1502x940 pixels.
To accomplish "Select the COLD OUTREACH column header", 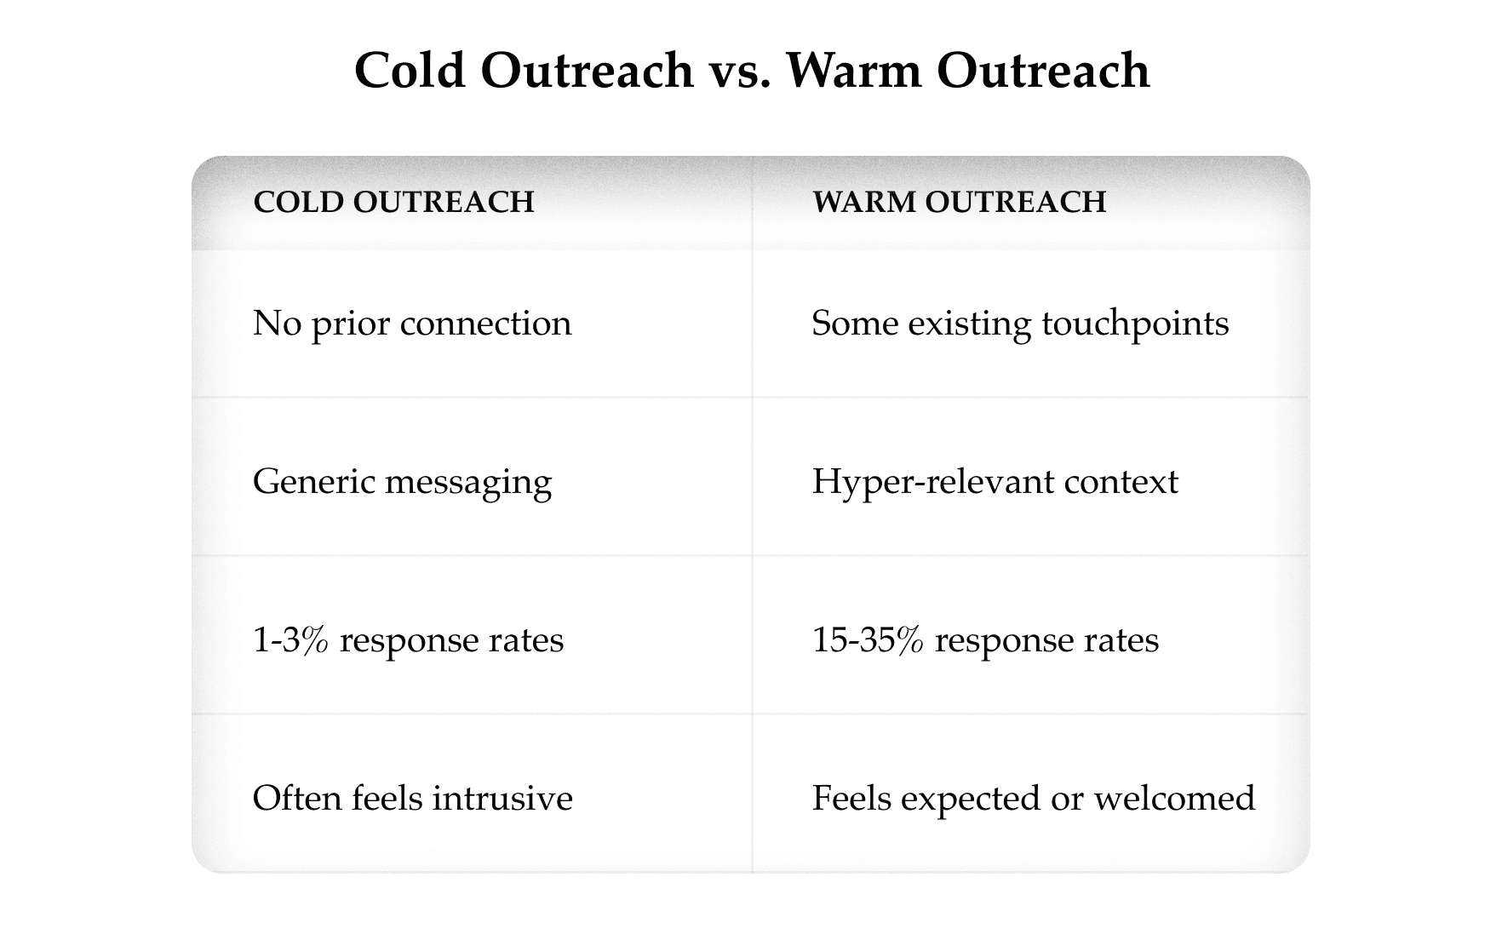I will [x=393, y=202].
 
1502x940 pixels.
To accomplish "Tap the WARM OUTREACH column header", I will [x=959, y=202].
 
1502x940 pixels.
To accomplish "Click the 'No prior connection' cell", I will [x=412, y=324].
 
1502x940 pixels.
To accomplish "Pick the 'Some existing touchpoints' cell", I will [x=1020, y=324].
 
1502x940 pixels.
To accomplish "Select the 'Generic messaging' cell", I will [x=402, y=482].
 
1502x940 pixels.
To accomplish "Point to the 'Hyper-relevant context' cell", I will [x=995, y=482].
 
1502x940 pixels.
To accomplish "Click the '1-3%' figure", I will [x=290, y=640].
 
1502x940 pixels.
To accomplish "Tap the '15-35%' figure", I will [x=867, y=640].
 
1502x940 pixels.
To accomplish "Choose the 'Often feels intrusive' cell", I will [x=412, y=799].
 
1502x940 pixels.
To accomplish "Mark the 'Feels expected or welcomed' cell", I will [x=1033, y=799].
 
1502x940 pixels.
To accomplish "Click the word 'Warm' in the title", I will [x=854, y=71].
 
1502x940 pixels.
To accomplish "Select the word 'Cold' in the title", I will [x=410, y=71].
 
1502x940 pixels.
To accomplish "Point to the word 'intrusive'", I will [x=502, y=799].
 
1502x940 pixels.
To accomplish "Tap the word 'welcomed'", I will [x=1174, y=799].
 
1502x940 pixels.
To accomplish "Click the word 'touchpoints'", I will [x=1135, y=324].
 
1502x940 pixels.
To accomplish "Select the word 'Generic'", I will [x=312, y=482].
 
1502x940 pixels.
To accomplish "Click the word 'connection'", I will [x=485, y=324].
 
